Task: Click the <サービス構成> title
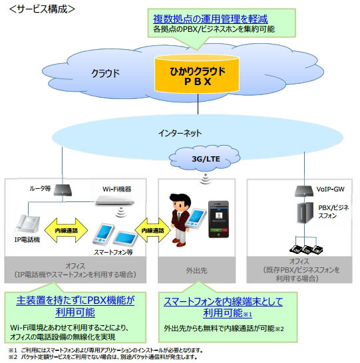[x=41, y=9]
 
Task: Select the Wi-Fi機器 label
[x=116, y=189]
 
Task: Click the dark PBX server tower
[x=301, y=223]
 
